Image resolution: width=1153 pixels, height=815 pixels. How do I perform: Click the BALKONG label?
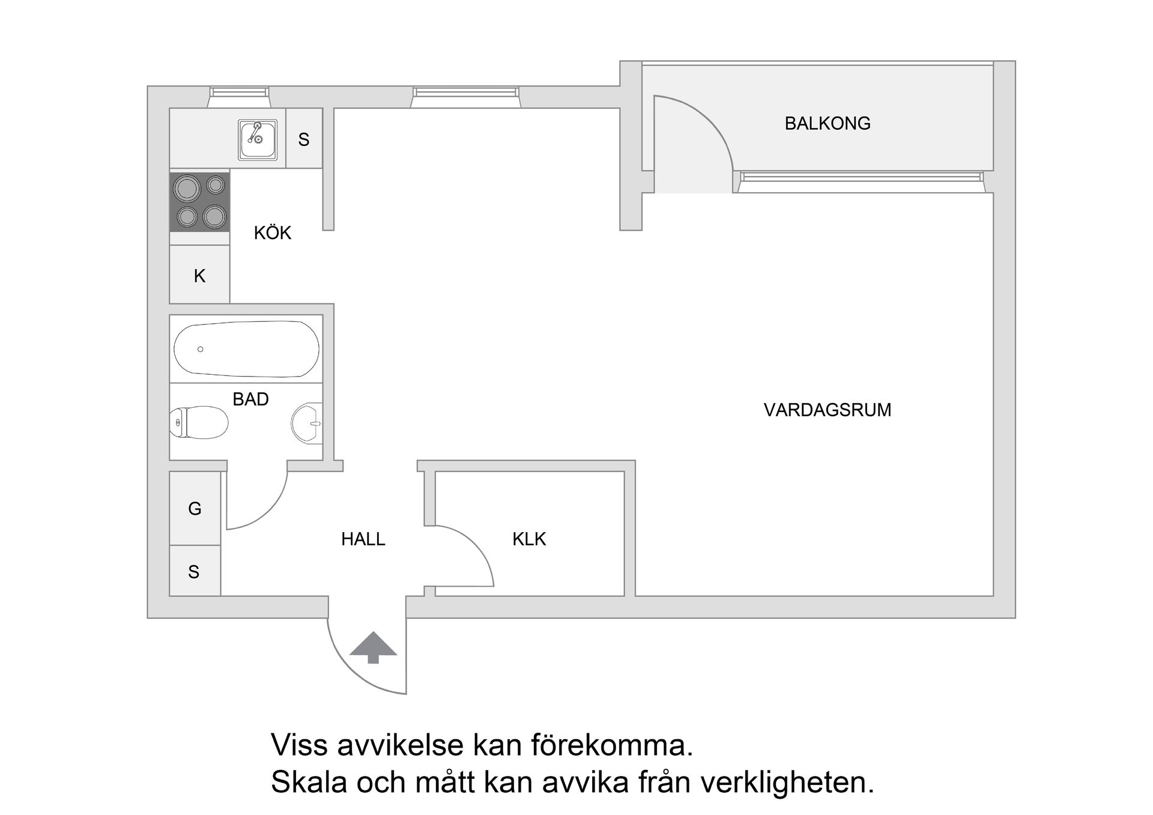click(x=827, y=124)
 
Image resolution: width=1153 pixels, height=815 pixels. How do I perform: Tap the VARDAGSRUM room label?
click(x=827, y=410)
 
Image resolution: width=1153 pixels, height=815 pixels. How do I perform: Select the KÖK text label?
click(x=272, y=233)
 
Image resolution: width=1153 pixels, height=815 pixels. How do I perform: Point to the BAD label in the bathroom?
click(x=250, y=399)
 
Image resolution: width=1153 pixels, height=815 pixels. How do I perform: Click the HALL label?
click(x=363, y=539)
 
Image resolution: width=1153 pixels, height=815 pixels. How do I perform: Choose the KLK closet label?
click(x=529, y=539)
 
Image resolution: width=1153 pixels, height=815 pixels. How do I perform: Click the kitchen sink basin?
click(x=258, y=139)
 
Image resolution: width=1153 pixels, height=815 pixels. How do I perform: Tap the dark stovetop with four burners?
click(x=199, y=202)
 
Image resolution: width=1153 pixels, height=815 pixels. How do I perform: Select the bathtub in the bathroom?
click(x=246, y=349)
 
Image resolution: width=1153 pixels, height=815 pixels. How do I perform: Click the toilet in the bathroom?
click(x=198, y=423)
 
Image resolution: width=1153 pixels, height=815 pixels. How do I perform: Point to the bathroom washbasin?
click(x=307, y=423)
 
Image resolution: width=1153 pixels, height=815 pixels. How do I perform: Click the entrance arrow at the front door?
click(x=373, y=647)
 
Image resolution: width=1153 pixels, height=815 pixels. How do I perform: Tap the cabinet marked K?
click(x=199, y=276)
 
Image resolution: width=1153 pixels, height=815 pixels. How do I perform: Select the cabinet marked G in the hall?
click(x=195, y=509)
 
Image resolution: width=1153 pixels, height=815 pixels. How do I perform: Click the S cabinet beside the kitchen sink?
click(x=304, y=139)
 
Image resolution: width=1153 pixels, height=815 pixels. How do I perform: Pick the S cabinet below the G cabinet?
click(x=194, y=572)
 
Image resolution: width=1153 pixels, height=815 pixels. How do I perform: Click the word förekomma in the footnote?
click(x=611, y=745)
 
